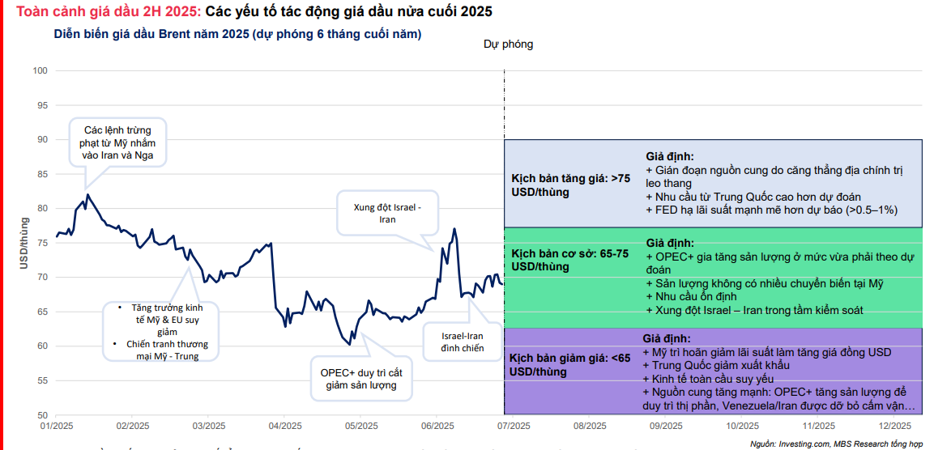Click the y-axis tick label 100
click(x=40, y=71)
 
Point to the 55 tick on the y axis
click(x=42, y=380)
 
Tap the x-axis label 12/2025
click(x=895, y=426)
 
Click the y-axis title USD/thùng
click(x=23, y=244)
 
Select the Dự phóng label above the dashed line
click(x=508, y=45)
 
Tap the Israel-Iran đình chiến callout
click(x=462, y=342)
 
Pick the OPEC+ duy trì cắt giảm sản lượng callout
click(x=361, y=379)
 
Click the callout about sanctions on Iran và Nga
click(x=118, y=142)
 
